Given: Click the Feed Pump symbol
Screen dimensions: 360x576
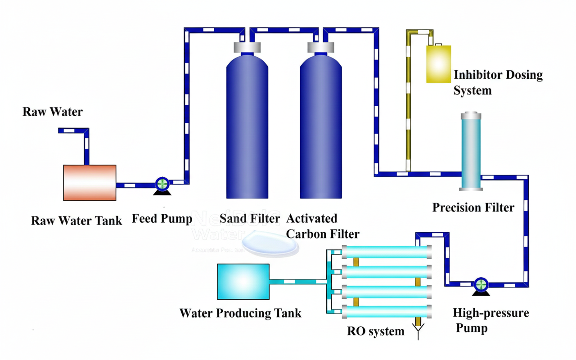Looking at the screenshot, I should click(162, 184).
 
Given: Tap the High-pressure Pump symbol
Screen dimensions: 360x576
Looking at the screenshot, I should click(481, 285).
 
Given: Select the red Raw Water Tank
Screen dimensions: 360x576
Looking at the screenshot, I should click(90, 182).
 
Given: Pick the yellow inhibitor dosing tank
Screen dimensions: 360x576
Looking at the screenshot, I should click(438, 63).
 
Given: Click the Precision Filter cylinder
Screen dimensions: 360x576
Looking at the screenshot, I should click(470, 152).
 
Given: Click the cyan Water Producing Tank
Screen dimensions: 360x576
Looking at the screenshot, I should click(243, 282).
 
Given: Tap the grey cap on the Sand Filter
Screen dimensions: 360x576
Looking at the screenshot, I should click(247, 47).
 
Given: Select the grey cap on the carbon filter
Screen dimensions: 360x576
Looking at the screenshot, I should click(321, 47).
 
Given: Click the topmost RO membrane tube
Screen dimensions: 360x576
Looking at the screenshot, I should click(386, 252).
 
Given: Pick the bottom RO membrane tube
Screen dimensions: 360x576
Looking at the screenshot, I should click(386, 310).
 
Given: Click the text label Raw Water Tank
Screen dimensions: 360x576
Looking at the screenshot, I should click(76, 221).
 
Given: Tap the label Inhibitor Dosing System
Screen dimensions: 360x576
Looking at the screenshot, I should click(497, 82).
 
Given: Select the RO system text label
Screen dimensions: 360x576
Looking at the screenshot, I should click(376, 332).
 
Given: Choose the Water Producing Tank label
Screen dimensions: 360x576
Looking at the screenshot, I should click(240, 313).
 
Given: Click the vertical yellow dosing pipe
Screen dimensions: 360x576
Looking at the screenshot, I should click(408, 103).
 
